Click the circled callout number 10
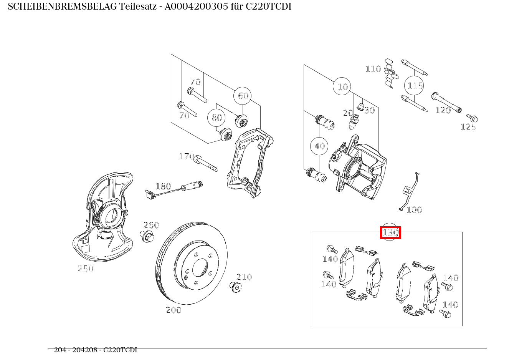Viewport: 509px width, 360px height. pyautogui.click(x=342, y=87)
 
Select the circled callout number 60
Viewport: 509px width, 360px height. pyautogui.click(x=243, y=96)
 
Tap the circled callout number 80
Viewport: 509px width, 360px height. pyautogui.click(x=217, y=118)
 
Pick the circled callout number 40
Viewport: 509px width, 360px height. pyautogui.click(x=319, y=146)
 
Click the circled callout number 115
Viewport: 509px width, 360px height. pyautogui.click(x=415, y=85)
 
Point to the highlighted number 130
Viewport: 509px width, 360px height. pyautogui.click(x=390, y=232)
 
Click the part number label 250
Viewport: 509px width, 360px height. pyautogui.click(x=86, y=269)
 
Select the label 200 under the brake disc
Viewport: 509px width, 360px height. pyautogui.click(x=174, y=310)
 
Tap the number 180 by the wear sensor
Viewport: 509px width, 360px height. pyautogui.click(x=163, y=186)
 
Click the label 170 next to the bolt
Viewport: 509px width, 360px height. pyautogui.click(x=187, y=156)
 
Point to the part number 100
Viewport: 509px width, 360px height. pyautogui.click(x=414, y=210)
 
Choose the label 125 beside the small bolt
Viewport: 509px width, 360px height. pyautogui.click(x=468, y=127)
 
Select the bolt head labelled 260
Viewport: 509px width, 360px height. pyautogui.click(x=147, y=236)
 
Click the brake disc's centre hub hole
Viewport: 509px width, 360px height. pyautogui.click(x=200, y=267)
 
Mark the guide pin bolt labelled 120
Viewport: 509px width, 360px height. pyautogui.click(x=446, y=102)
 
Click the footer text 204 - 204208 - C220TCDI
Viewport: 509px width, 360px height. pyautogui.click(x=95, y=350)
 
